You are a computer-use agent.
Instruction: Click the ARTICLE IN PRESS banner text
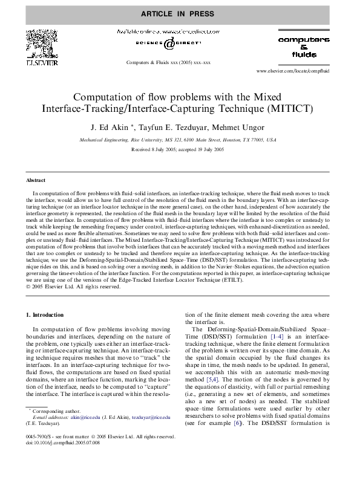(x=179, y=12)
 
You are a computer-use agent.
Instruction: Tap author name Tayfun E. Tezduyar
(x=172, y=128)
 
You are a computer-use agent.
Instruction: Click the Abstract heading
(x=36, y=180)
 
